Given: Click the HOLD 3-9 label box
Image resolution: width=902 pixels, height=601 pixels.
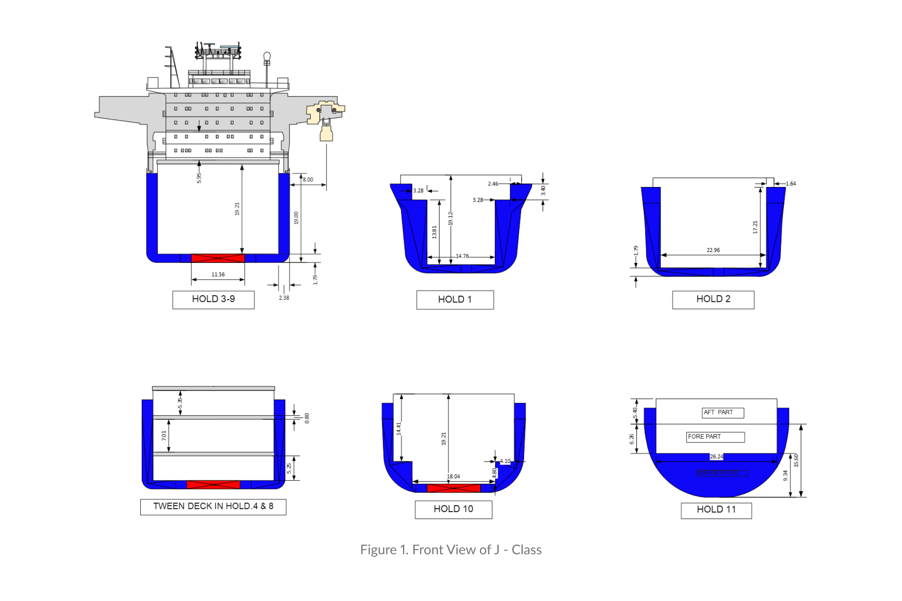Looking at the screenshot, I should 213,299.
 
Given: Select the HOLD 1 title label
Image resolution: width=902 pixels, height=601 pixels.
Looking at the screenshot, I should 455,300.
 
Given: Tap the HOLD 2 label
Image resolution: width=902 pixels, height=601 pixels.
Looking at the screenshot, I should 713,299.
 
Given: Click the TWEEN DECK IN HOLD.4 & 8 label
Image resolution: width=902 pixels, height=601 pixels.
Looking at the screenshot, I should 213,507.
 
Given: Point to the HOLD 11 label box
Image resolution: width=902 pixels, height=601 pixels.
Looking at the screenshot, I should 716,510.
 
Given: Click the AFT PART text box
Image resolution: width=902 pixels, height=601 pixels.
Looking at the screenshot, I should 722,412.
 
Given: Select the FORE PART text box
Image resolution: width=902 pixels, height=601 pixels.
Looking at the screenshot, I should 715,437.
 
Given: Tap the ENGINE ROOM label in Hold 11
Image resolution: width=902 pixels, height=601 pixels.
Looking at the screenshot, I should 722,472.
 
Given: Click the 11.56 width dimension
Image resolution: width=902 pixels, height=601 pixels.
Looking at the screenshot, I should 218,274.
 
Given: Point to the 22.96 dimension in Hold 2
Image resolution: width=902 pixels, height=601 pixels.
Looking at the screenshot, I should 713,250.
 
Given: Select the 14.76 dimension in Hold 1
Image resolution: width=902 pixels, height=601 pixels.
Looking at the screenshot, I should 462,256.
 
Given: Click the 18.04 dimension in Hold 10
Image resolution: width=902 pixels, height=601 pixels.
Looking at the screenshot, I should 453,476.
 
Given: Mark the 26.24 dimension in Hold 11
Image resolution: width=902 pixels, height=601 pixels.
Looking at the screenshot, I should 716,457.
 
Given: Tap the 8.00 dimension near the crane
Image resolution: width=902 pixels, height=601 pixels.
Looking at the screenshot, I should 308,179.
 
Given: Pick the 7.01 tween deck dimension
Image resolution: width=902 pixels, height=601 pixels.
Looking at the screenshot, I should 164,435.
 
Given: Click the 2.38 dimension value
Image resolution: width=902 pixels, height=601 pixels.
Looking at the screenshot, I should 284,298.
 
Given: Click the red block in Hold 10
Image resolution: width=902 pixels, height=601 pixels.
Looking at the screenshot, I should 454,488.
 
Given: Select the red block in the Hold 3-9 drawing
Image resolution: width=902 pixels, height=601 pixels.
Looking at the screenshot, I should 218,258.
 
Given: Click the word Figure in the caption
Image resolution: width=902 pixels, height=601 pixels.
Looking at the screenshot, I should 378,550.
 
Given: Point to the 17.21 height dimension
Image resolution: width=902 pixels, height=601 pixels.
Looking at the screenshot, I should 755,227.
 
